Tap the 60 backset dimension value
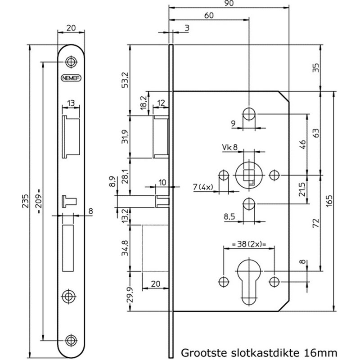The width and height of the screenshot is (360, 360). [208, 15]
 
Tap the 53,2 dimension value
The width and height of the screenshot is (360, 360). [125, 80]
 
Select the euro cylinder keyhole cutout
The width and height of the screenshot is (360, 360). [247, 281]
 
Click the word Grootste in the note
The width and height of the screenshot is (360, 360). [202, 350]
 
